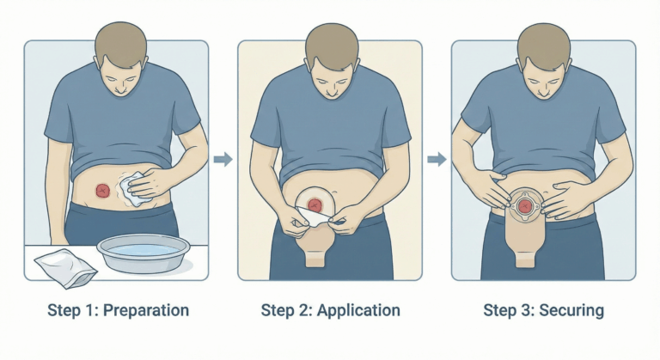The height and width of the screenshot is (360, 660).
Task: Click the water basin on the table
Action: (141, 253)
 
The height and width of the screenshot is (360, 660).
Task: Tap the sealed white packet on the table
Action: (65, 268)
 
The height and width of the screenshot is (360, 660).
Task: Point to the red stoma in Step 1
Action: (103, 191)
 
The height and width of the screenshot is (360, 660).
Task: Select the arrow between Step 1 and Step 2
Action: (223, 159)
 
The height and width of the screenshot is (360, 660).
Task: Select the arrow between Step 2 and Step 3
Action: (437, 159)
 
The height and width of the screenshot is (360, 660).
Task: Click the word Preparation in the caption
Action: (146, 310)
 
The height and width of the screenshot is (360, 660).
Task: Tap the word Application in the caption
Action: (358, 310)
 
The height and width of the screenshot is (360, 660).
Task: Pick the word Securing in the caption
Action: (571, 310)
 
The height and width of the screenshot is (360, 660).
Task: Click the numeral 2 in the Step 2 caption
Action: (304, 310)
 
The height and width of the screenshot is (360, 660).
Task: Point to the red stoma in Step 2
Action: (315, 205)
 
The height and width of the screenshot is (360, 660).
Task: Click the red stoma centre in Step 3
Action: (524, 206)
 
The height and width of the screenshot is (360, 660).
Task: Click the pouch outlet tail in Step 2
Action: (315, 259)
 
